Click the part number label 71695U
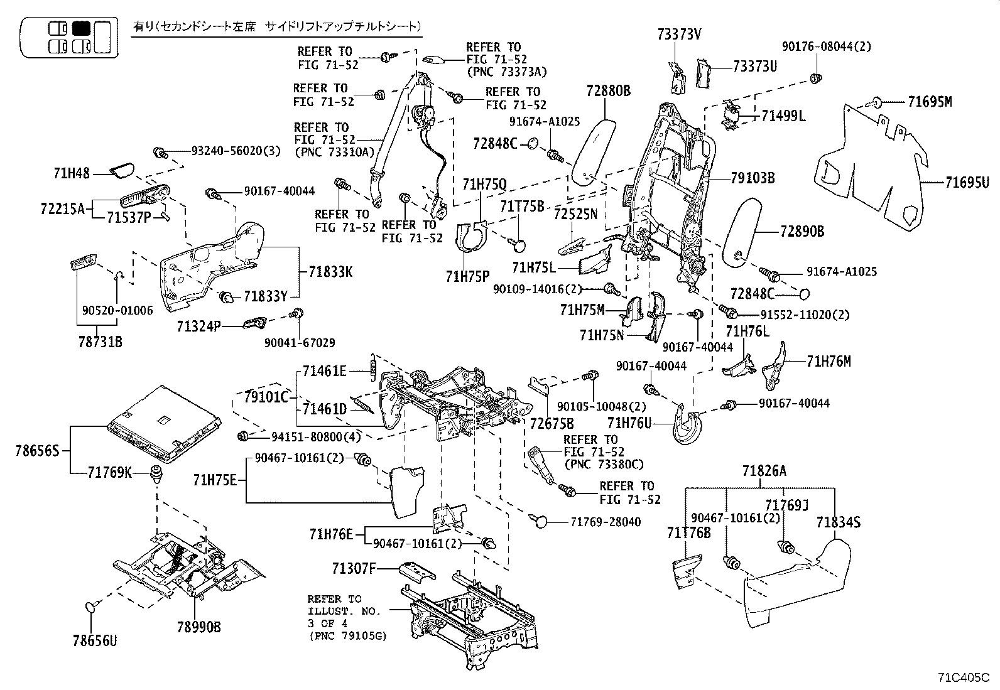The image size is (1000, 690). pyautogui.click(x=967, y=183)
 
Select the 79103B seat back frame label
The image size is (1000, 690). pyautogui.click(x=753, y=178)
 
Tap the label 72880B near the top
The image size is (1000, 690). pyautogui.click(x=609, y=91)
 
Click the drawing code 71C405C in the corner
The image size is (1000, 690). pyautogui.click(x=964, y=677)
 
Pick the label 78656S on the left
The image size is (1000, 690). pyautogui.click(x=37, y=450)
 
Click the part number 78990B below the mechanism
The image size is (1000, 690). pyautogui.click(x=200, y=627)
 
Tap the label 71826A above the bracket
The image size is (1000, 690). pyautogui.click(x=764, y=471)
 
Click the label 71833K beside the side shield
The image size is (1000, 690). pyautogui.click(x=330, y=272)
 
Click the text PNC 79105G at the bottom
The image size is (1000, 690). pyautogui.click(x=348, y=635)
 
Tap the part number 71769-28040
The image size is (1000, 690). pyautogui.click(x=606, y=522)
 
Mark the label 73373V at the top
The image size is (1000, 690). pyautogui.click(x=679, y=35)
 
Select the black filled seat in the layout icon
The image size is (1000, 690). pyautogui.click(x=82, y=28)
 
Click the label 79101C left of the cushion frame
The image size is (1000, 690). pyautogui.click(x=266, y=397)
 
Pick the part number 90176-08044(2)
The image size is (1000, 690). pyautogui.click(x=827, y=46)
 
